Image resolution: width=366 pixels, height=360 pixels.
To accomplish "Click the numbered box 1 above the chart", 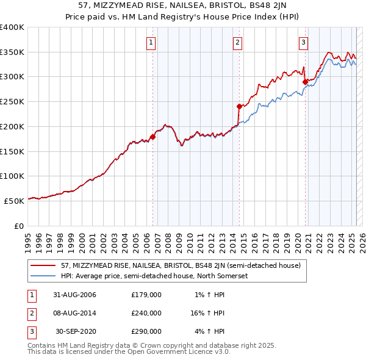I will [151, 42].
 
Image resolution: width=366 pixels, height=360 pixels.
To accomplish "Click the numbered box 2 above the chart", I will [237, 42].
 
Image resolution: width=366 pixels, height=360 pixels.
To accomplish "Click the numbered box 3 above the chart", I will [303, 42].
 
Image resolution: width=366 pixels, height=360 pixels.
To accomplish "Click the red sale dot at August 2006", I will [153, 137].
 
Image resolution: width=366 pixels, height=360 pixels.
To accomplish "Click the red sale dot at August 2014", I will [239, 106].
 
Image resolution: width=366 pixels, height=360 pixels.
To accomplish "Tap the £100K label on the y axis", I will [12, 176].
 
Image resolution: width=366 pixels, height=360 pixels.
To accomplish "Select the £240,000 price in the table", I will [146, 313].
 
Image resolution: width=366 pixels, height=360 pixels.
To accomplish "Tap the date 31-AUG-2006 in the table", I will [75, 295].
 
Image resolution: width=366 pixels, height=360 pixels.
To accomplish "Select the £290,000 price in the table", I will [146, 331].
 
